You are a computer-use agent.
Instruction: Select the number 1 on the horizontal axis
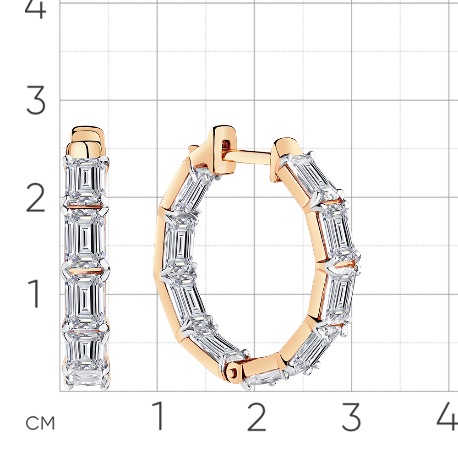point(159,416)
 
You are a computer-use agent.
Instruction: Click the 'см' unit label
point(40,423)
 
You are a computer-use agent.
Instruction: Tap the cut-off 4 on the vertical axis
point(36,9)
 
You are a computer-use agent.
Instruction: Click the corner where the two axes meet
point(60,391)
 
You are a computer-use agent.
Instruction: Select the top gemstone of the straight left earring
point(86,179)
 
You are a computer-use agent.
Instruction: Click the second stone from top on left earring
point(86,236)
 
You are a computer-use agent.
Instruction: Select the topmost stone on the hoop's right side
point(311,176)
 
